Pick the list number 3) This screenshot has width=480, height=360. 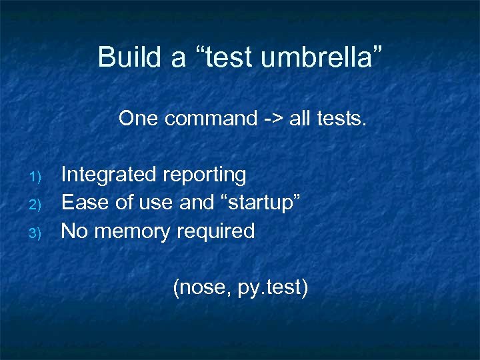click(x=37, y=233)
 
